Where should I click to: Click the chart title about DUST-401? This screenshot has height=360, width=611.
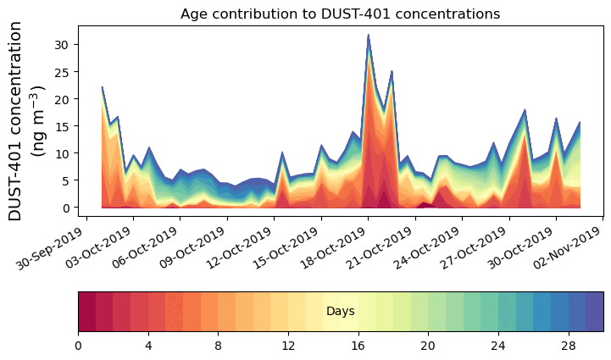click(340, 14)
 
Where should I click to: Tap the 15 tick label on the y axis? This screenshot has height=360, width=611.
click(62, 125)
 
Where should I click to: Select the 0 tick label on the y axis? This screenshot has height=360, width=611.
click(65, 208)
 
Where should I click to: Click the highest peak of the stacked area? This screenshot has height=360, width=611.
click(368, 36)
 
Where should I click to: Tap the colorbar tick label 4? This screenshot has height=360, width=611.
click(148, 346)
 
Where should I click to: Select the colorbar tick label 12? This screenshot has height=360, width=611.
click(288, 346)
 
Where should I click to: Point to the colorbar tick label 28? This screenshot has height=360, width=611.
click(568, 346)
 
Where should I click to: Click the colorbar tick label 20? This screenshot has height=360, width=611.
click(428, 346)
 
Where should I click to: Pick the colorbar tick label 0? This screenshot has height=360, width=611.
click(78, 346)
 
